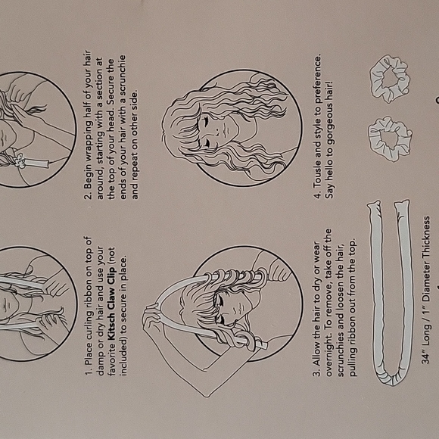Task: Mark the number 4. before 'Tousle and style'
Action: [317, 195]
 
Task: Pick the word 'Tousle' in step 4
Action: [317, 173]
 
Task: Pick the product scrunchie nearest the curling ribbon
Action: [390, 139]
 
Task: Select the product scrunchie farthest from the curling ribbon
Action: [390, 79]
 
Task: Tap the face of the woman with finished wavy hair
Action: [220, 131]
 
